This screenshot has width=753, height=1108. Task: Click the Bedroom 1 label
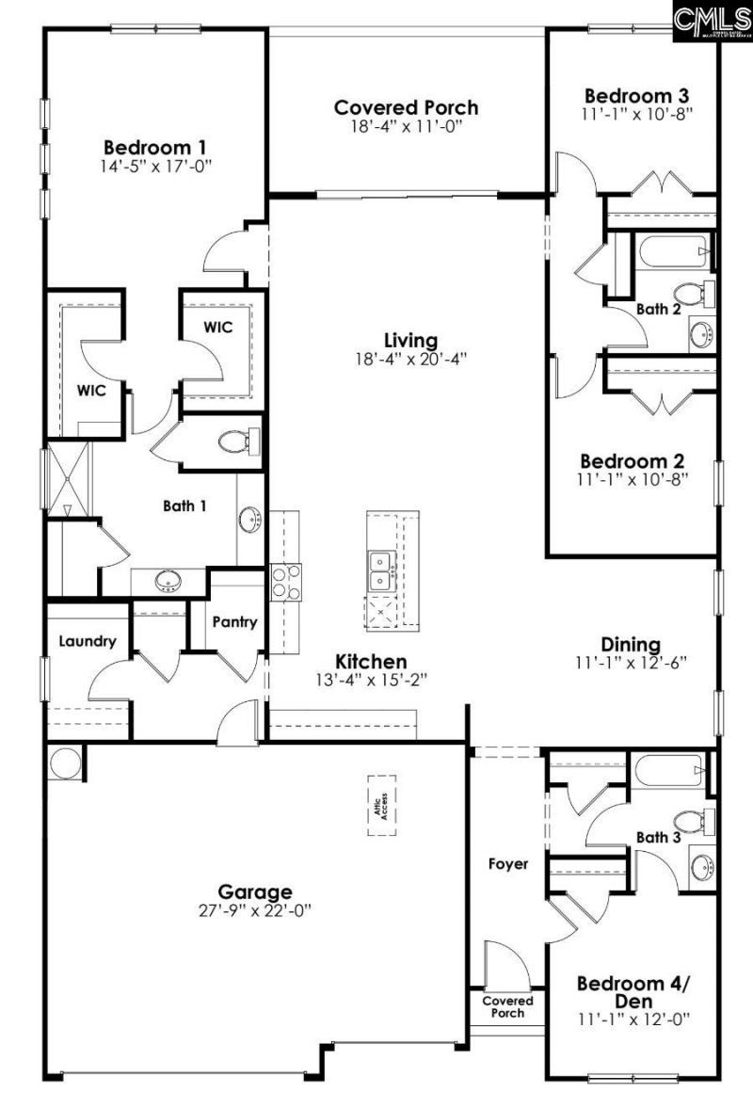tap(155, 148)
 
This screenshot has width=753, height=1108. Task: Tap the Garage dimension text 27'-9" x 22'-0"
tap(255, 910)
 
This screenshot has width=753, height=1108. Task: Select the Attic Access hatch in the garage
tap(382, 805)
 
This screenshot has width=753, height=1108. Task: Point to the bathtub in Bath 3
tap(669, 772)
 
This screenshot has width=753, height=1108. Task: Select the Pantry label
tap(234, 622)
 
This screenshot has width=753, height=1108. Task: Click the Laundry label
tap(87, 642)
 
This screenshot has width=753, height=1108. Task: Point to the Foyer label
tap(507, 863)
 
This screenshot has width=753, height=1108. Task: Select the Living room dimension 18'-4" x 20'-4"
tap(411, 358)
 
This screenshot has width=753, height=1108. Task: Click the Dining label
tap(631, 645)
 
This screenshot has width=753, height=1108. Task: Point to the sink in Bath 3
tap(703, 867)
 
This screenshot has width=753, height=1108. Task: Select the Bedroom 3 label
tap(636, 96)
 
